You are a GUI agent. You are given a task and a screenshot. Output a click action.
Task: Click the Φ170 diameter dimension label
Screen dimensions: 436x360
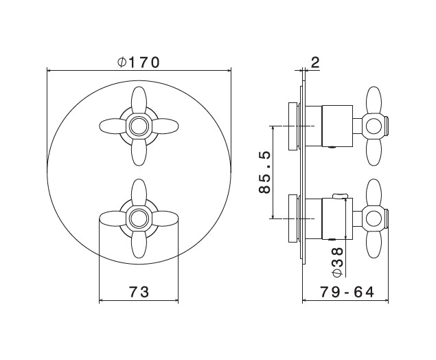(139, 62)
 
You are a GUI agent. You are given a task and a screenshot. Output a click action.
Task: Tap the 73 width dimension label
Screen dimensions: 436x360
(139, 292)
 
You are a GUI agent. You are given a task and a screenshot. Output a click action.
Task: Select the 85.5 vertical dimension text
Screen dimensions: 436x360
(264, 172)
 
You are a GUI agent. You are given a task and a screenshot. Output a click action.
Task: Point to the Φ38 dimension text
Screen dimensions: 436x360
(338, 262)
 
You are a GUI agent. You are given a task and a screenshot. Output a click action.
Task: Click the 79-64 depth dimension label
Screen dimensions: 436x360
(347, 292)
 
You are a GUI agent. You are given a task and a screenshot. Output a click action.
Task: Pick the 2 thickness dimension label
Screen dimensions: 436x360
(315, 63)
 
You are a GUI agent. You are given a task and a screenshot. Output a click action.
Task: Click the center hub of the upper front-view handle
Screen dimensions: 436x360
(139, 126)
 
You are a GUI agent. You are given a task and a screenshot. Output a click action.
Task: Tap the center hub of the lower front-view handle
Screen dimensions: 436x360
(139, 218)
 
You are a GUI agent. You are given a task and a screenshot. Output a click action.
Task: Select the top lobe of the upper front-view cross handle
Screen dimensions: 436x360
(139, 101)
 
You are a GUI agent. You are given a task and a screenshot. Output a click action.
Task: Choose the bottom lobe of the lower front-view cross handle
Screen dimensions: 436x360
(139, 244)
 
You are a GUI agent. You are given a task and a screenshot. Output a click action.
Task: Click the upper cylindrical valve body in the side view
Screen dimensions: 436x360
(337, 126)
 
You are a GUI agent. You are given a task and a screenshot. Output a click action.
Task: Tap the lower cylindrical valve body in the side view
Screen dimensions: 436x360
(337, 218)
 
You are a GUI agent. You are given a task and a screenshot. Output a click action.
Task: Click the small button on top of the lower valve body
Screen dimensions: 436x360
(341, 196)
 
